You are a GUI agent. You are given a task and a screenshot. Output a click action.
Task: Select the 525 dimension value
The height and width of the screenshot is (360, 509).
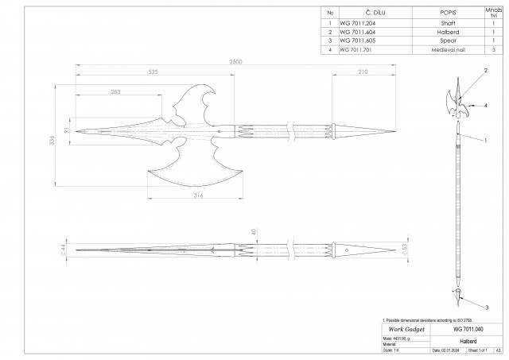(x=153, y=72)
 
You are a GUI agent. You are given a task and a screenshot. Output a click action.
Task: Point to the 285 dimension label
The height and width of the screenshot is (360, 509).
(x=115, y=92)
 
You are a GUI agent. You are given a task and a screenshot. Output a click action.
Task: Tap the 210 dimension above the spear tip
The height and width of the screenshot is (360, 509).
(x=362, y=72)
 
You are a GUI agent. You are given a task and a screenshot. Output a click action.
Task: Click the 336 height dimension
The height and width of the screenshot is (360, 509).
(x=50, y=141)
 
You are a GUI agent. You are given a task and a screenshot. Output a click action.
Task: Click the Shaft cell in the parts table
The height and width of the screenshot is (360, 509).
(x=448, y=25)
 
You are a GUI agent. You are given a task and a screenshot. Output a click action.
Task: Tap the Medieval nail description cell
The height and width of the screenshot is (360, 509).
(x=448, y=49)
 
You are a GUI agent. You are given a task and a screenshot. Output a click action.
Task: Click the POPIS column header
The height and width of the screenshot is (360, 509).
(x=448, y=12)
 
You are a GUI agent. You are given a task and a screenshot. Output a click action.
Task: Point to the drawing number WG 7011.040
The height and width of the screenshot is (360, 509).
(x=468, y=328)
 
